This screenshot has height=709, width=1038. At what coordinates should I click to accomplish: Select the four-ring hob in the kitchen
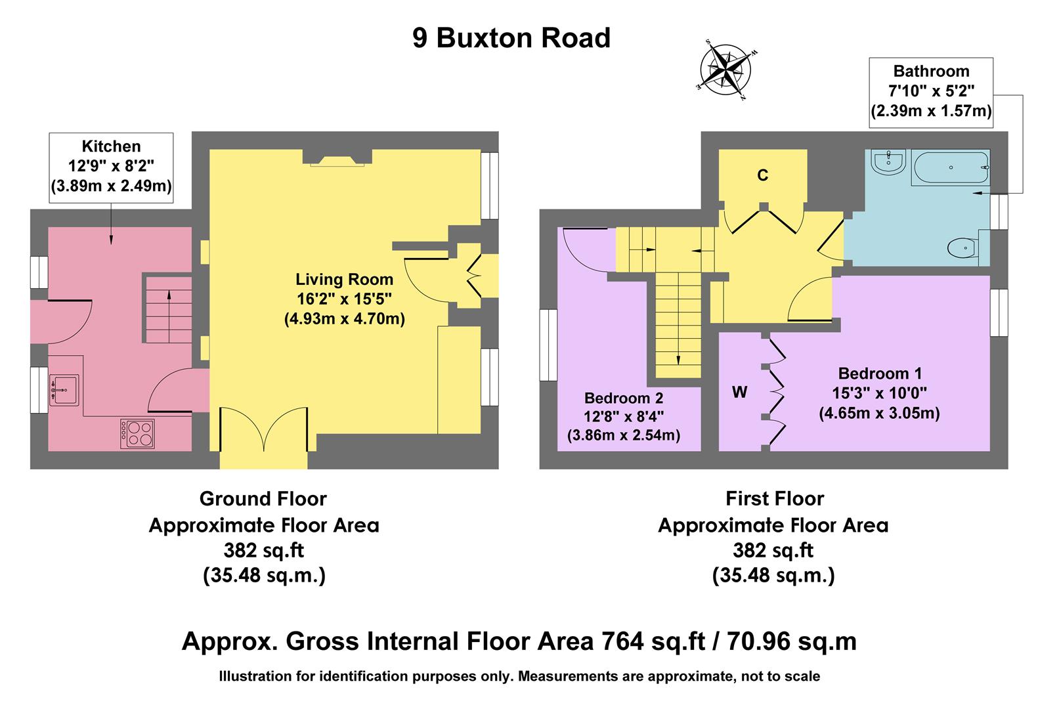(137, 434)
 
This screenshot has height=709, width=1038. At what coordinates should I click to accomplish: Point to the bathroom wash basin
(889, 161)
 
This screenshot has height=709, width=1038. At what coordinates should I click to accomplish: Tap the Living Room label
(344, 280)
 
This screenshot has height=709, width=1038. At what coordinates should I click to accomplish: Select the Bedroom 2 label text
(623, 398)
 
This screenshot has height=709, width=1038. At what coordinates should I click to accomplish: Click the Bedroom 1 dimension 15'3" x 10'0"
(879, 394)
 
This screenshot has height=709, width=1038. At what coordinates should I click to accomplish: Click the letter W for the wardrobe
(739, 393)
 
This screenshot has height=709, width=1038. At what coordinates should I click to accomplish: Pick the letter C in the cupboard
(762, 175)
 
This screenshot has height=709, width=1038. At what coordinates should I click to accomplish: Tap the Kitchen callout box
(111, 167)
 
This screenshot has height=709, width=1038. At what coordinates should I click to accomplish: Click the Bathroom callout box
(931, 91)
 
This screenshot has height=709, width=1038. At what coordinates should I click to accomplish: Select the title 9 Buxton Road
(511, 38)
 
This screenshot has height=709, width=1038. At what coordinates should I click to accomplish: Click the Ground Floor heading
(263, 499)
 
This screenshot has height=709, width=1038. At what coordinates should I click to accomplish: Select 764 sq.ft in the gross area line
(639, 641)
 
